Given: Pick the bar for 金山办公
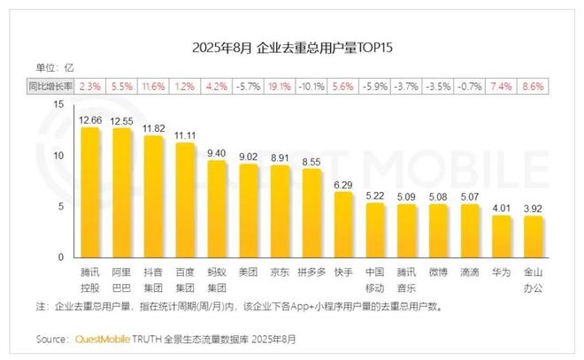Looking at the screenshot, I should (x=533, y=237).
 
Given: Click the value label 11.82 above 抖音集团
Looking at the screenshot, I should (x=153, y=128).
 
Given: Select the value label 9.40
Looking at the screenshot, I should (x=217, y=152).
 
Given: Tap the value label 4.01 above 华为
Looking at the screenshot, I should (x=503, y=209).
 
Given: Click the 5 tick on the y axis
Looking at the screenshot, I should (x=59, y=206).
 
